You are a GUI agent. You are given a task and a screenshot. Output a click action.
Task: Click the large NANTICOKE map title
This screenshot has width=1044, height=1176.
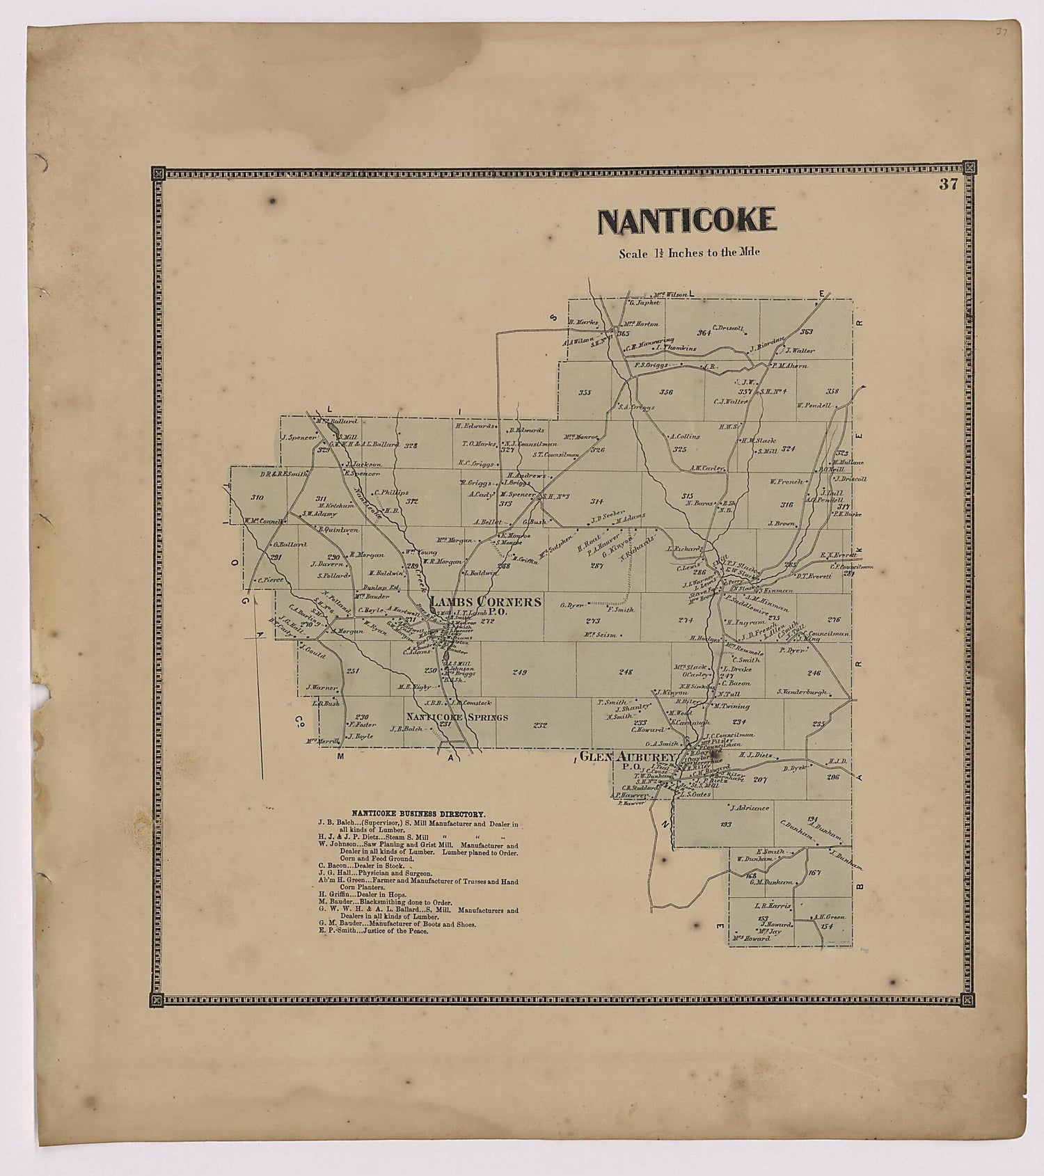(x=687, y=221)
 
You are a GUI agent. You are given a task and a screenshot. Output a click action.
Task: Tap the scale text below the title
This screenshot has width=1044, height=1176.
(x=689, y=253)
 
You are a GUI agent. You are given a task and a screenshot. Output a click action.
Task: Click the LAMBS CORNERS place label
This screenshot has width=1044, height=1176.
(x=485, y=601)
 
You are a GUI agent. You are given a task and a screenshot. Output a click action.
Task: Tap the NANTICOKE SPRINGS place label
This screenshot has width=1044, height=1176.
(x=457, y=717)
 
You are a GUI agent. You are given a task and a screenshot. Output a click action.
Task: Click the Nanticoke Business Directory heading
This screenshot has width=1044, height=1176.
(x=418, y=813)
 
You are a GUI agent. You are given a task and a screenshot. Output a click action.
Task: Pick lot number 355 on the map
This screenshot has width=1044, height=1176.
(x=585, y=392)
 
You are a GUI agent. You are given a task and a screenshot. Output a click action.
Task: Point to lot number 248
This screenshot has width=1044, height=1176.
(x=625, y=672)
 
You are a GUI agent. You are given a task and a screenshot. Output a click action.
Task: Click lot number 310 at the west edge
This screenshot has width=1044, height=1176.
(x=257, y=498)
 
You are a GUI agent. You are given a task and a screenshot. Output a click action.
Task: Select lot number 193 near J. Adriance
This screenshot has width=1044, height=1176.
(x=726, y=823)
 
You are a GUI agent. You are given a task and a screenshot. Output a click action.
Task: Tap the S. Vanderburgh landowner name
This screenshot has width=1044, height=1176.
(x=802, y=692)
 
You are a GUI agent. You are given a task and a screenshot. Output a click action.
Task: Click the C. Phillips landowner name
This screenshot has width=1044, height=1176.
(x=390, y=492)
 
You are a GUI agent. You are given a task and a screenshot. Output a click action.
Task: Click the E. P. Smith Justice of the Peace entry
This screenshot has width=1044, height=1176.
(x=373, y=930)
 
